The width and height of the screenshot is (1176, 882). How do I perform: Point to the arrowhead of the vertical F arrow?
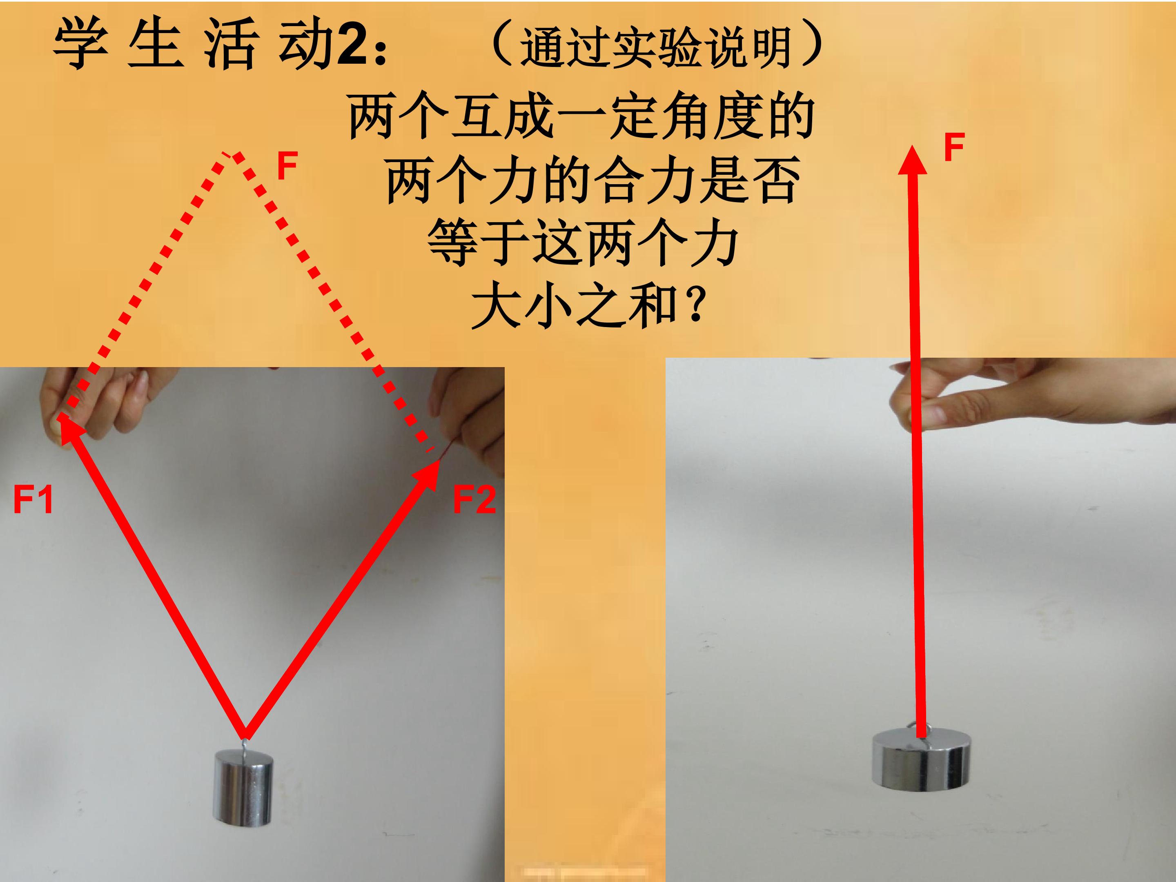click(x=912, y=160)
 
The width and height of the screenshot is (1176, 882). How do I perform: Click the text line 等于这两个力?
click(x=583, y=243)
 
